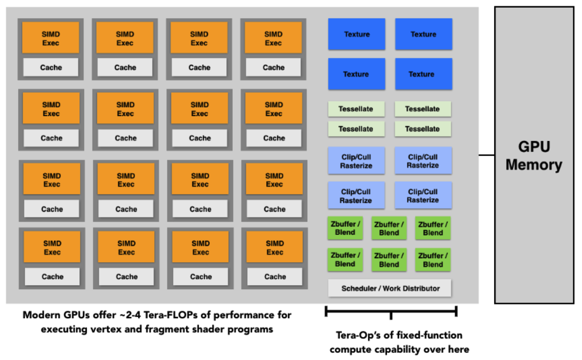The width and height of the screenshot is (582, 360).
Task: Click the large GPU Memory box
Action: pyautogui.click(x=534, y=155)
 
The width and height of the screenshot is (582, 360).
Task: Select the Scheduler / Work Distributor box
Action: pyautogui.click(x=390, y=288)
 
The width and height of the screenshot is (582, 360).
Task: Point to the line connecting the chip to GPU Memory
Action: pyautogui.click(x=486, y=155)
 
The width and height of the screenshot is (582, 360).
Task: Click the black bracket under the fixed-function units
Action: pyautogui.click(x=391, y=311)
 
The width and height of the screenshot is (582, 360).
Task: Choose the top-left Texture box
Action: pyautogui.click(x=356, y=34)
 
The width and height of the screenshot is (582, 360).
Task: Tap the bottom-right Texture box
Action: pyautogui.click(x=423, y=74)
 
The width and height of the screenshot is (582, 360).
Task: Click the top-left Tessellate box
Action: pyautogui.click(x=356, y=109)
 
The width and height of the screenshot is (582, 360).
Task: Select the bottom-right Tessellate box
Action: pyautogui.click(x=422, y=129)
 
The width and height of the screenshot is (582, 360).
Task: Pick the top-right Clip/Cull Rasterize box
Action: pyautogui.click(x=423, y=161)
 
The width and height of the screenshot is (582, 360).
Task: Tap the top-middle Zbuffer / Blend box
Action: pyautogui.click(x=389, y=229)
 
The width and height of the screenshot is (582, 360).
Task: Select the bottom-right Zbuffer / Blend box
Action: pyautogui.click(x=433, y=260)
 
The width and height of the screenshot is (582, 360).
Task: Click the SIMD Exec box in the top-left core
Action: pyautogui.click(x=51, y=38)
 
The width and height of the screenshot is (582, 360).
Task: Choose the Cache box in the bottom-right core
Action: pyautogui.click(x=275, y=277)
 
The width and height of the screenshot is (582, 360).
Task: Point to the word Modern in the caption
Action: pyautogui.click(x=39, y=315)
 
